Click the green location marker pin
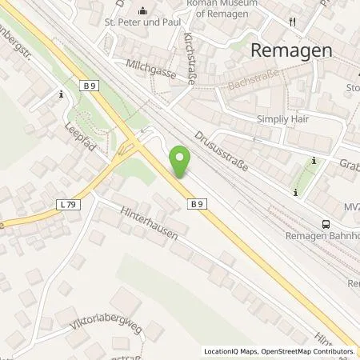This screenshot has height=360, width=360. point(181,162)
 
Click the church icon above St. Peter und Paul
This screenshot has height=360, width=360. point(144,11)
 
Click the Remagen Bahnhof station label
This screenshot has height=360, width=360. point(324,237)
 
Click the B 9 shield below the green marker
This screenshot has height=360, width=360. point(195,204)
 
